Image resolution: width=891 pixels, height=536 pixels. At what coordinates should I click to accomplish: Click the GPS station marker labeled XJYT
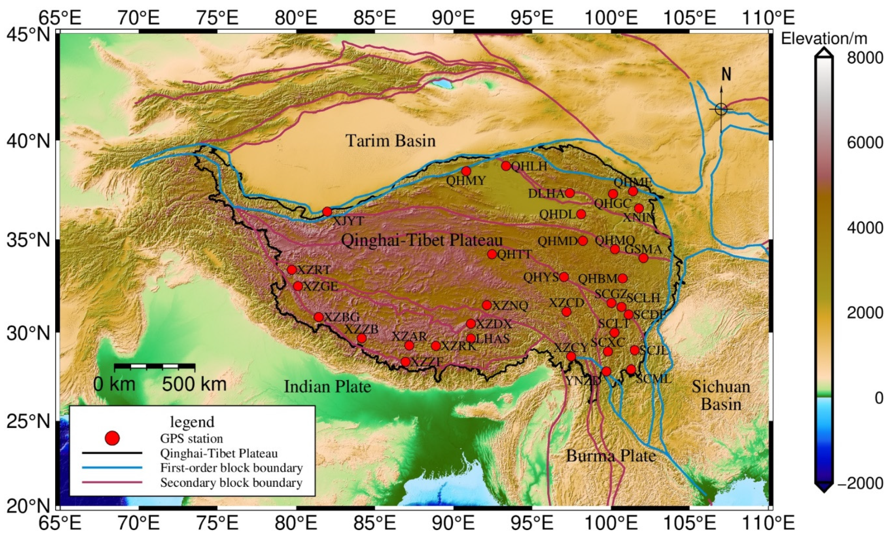[327, 212]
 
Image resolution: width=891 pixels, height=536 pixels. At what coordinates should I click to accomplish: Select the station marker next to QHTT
[492, 254]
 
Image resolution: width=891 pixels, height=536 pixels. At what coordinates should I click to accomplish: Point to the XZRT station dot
[292, 270]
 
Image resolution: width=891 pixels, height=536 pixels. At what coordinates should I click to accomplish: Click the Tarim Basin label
[391, 140]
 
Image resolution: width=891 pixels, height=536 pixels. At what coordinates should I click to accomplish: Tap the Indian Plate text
[327, 387]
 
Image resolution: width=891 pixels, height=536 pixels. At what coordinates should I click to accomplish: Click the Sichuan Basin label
[721, 396]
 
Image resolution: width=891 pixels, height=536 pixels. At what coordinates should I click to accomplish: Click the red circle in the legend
[112, 438]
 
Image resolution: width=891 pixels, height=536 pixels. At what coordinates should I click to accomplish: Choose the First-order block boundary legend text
[231, 468]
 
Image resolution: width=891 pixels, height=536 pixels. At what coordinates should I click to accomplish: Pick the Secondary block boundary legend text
[231, 483]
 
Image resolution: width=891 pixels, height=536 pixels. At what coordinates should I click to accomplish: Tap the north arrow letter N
[726, 74]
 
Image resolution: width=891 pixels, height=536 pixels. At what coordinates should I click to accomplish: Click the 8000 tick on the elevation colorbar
[864, 58]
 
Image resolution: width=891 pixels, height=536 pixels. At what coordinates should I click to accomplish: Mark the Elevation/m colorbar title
[824, 38]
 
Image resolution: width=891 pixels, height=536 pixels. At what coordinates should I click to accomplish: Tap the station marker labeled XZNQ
[487, 305]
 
